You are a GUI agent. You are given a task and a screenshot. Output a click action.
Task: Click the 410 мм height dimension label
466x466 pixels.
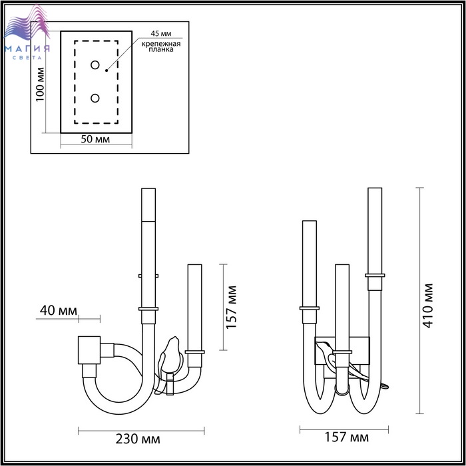pos(428,306)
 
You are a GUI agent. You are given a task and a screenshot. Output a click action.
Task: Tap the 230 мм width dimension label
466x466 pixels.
pos(138,439)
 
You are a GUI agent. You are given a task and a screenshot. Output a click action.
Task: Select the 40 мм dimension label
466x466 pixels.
pos(59,311)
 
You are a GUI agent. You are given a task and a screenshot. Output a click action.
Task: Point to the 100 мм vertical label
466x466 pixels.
pos(40,85)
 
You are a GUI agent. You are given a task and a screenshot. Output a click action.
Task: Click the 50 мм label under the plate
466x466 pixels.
pos(95,138)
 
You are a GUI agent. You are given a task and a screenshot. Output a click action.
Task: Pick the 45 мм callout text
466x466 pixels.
pos(161,33)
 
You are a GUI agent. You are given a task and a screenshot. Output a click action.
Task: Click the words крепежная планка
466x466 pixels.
pos(161,47)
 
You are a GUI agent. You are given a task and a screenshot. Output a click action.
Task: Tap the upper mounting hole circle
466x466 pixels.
pos(95,65)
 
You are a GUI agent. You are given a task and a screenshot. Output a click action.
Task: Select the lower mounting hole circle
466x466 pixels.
pos(95,98)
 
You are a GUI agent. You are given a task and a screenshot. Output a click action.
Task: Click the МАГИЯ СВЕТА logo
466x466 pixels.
pos(27,33)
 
